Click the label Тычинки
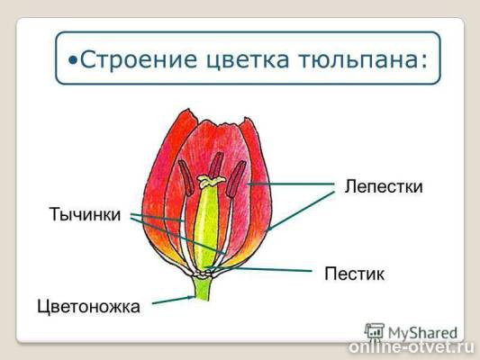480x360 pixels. pyautogui.click(x=85, y=216)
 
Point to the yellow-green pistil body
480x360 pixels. pyautogui.click(x=206, y=225)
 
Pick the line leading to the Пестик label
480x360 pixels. pyautogui.click(x=270, y=268)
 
